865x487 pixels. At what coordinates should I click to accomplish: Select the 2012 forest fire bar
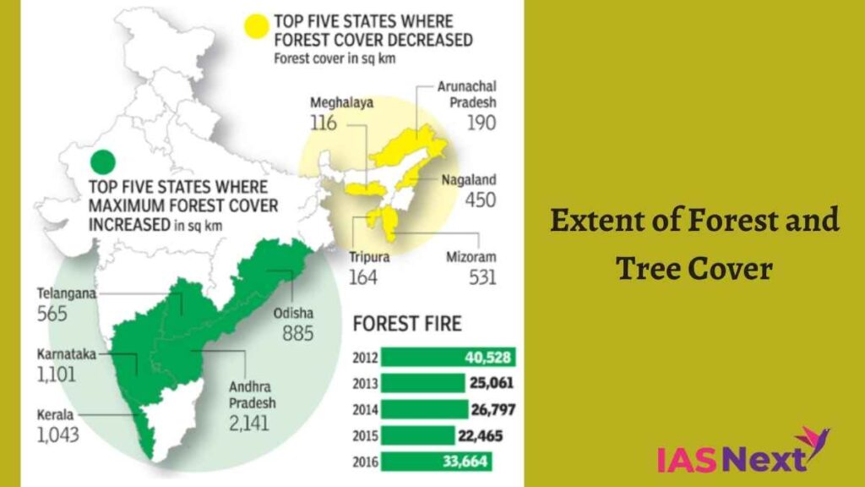pyautogui.click(x=448, y=357)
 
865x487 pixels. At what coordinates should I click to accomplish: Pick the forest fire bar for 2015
pyautogui.click(x=417, y=435)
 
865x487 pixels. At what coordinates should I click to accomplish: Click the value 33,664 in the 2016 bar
pyautogui.click(x=464, y=462)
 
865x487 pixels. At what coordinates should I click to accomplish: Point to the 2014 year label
pyautogui.click(x=366, y=410)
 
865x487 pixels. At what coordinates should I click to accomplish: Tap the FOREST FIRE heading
pyautogui.click(x=407, y=324)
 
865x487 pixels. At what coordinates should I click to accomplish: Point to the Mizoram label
pyautogui.click(x=471, y=257)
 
